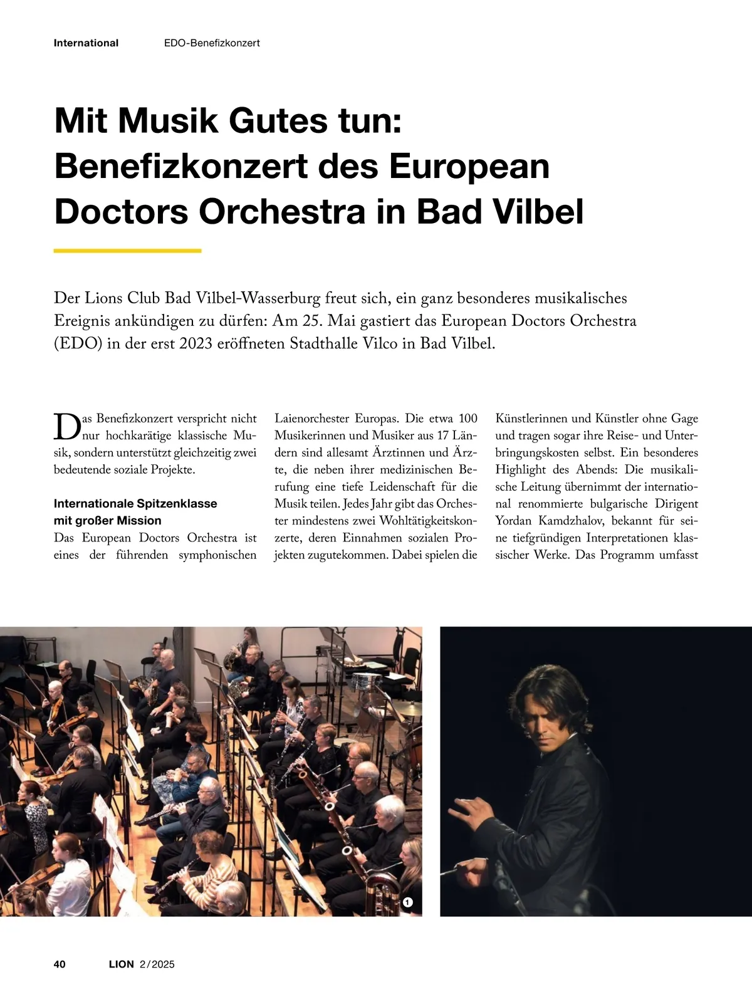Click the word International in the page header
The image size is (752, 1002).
coord(86,43)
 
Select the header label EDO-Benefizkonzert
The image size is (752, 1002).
coord(212,43)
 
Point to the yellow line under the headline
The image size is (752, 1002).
coord(127,251)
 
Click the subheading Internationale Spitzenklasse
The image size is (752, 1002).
coord(135,504)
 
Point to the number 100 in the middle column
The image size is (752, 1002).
coord(467,419)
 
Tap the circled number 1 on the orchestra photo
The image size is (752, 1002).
coord(408,902)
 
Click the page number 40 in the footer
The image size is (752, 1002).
coord(60,964)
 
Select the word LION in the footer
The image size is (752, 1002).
coord(121,964)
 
